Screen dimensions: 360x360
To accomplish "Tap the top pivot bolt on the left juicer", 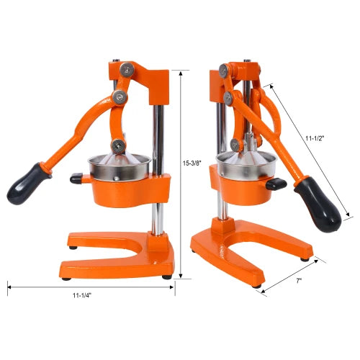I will point(128,70).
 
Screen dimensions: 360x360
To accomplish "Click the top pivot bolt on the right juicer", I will point(224,70).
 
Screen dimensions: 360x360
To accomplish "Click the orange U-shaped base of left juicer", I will point(119,248).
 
